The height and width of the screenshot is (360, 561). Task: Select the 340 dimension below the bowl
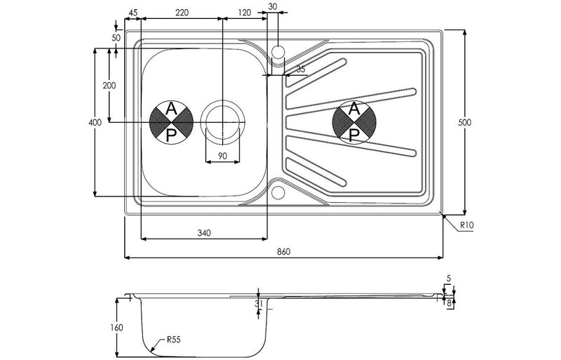(x=204, y=232)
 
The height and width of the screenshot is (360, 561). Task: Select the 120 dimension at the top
(x=244, y=12)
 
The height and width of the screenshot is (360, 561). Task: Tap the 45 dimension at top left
(x=133, y=12)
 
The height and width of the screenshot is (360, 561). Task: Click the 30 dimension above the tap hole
(x=273, y=6)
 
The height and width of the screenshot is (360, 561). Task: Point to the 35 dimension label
(x=301, y=69)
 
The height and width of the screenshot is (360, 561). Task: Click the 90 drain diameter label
(x=222, y=156)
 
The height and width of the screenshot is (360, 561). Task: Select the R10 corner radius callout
(x=468, y=226)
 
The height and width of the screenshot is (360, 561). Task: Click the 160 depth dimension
(x=117, y=327)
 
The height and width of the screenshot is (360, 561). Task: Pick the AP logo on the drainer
(x=355, y=121)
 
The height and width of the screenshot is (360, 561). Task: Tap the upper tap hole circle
(x=278, y=51)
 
